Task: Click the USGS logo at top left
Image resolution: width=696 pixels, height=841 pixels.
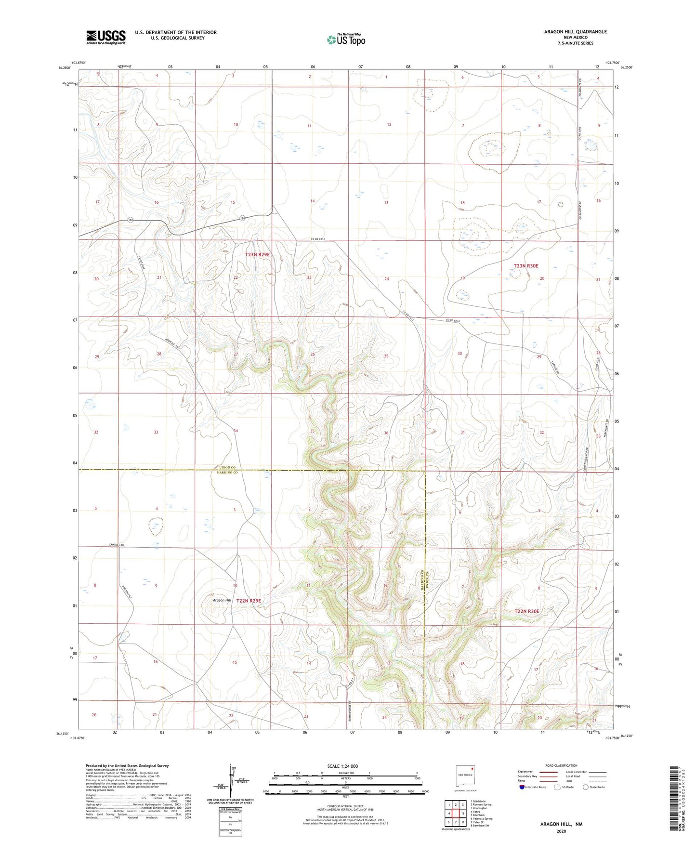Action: pyautogui.click(x=106, y=37)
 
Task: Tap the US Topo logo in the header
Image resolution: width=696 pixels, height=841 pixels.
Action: pyautogui.click(x=346, y=39)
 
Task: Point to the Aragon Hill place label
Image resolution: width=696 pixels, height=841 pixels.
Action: pyautogui.click(x=222, y=601)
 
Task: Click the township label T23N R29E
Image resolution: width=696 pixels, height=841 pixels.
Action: pyautogui.click(x=257, y=254)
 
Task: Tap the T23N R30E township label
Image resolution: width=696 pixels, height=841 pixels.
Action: pyautogui.click(x=525, y=266)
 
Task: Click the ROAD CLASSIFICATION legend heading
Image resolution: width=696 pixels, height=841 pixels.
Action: pyautogui.click(x=561, y=765)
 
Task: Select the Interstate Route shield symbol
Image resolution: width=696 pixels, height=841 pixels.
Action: pyautogui.click(x=522, y=787)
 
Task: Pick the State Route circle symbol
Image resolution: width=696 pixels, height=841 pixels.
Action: pyautogui.click(x=586, y=787)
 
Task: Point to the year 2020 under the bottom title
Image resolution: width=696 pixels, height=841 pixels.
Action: pyautogui.click(x=561, y=831)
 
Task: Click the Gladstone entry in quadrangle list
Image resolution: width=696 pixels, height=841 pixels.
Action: pyautogui.click(x=479, y=801)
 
